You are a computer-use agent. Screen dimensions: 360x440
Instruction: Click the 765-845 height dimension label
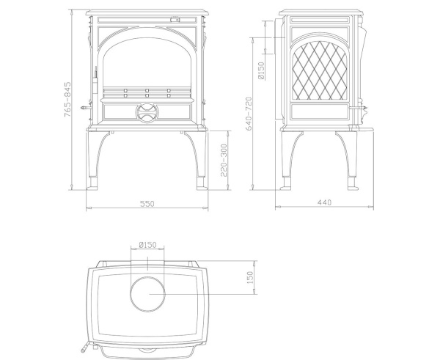[x=67, y=100]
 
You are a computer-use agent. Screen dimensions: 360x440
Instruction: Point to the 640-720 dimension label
[x=249, y=114]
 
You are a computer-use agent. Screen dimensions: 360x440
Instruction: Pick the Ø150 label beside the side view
[x=261, y=70]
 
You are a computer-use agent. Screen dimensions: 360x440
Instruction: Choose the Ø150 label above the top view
[x=147, y=244]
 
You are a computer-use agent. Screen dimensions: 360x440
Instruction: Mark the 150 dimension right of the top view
[x=249, y=277]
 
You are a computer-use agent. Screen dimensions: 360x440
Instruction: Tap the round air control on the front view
[x=147, y=111]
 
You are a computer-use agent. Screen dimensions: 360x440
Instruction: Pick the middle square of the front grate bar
[x=147, y=92]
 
